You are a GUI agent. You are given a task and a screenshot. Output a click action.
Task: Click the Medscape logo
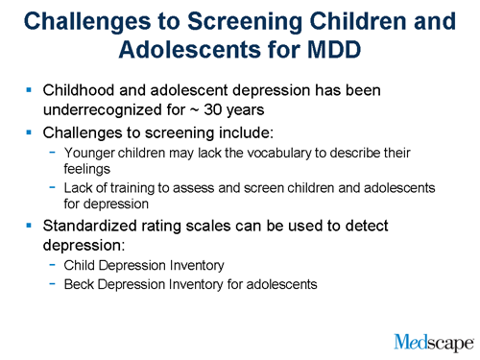point(434,340)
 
